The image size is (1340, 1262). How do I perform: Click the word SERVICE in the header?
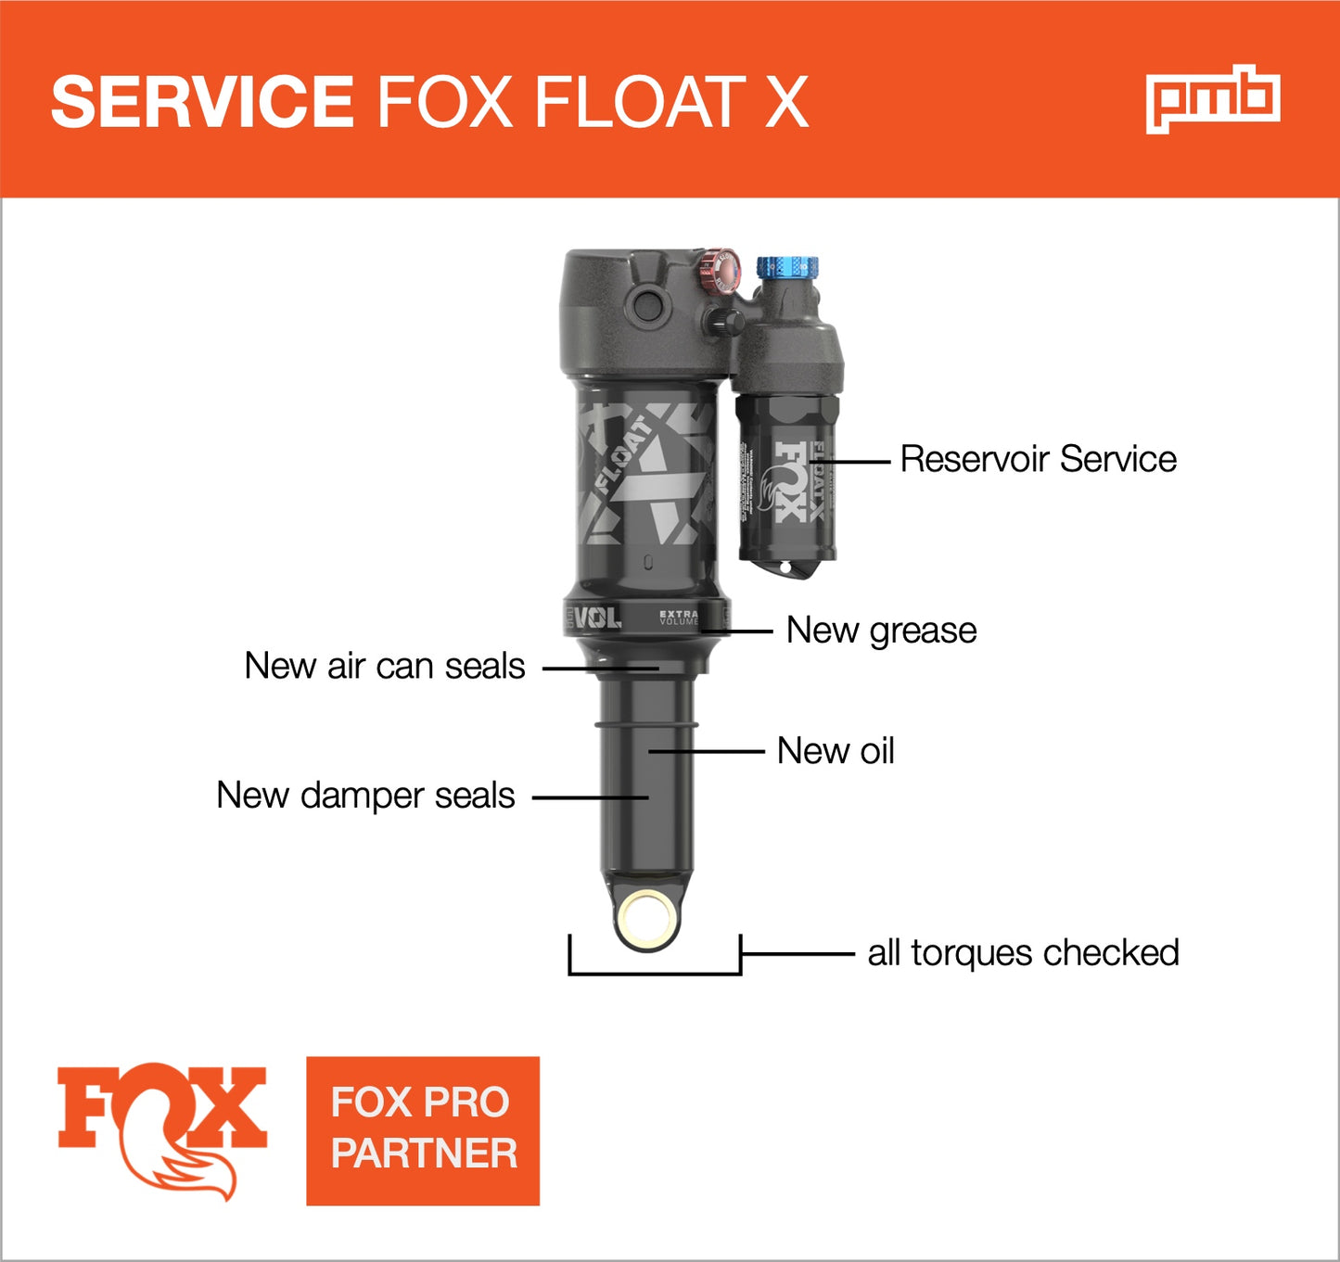pyautogui.click(x=202, y=101)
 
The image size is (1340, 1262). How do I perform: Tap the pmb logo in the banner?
pyautogui.click(x=1213, y=99)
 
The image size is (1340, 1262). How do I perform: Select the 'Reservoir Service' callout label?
pyautogui.click(x=1038, y=459)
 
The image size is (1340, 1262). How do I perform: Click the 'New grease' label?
pyautogui.click(x=881, y=631)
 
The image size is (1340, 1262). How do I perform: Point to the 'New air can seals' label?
pyautogui.click(x=384, y=666)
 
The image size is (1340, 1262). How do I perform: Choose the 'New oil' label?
pyautogui.click(x=836, y=751)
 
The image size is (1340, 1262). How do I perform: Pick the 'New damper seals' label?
pyautogui.click(x=365, y=796)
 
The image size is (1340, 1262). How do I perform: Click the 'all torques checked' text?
pyautogui.click(x=1023, y=953)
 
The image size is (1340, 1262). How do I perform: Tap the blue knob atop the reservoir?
pyautogui.click(x=787, y=269)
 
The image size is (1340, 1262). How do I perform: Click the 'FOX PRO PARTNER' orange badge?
pyautogui.click(x=423, y=1130)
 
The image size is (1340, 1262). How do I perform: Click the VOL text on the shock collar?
pyautogui.click(x=597, y=618)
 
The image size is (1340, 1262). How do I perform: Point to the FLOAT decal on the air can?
pyautogui.click(x=623, y=454)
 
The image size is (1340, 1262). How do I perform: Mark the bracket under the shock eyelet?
pyautogui.click(x=655, y=971)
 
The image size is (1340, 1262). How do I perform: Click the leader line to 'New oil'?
pyautogui.click(x=706, y=751)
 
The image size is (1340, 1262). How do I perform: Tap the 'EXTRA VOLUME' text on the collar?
pyautogui.click(x=679, y=618)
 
